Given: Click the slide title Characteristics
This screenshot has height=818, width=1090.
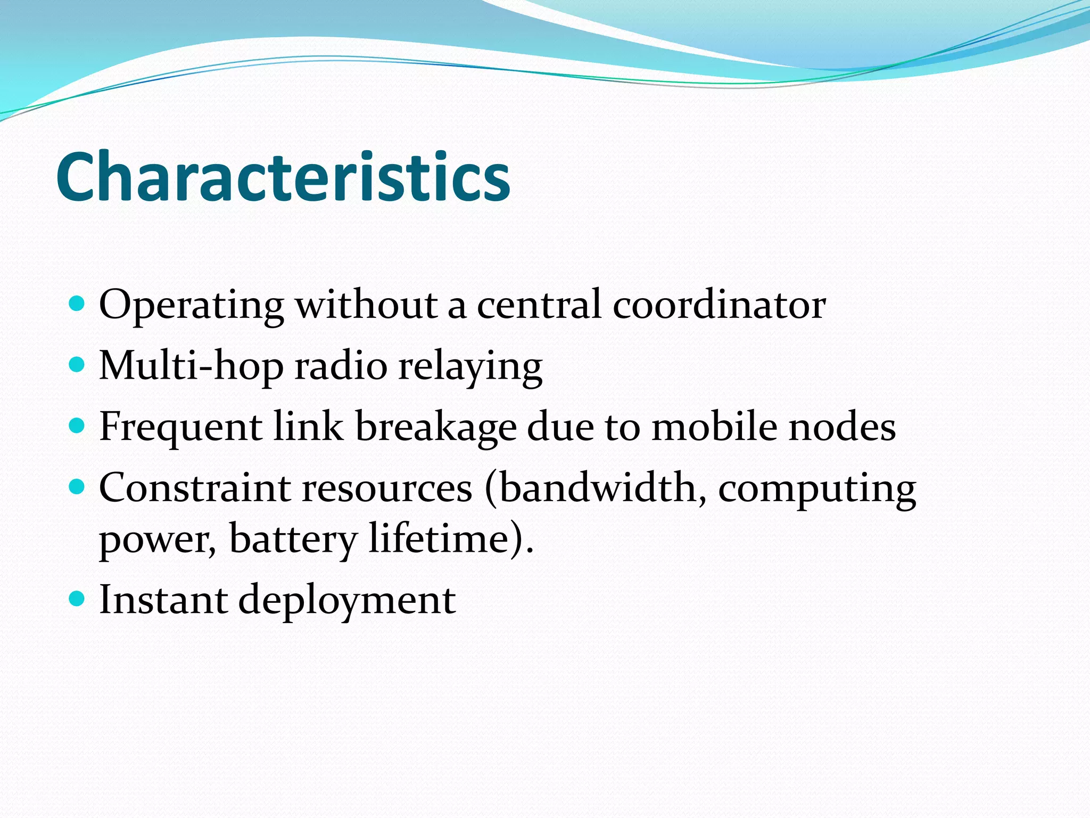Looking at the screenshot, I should coord(283,177).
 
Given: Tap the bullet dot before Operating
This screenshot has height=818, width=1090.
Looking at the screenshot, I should coord(78,304).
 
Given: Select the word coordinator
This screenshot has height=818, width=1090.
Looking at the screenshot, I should coord(719,305).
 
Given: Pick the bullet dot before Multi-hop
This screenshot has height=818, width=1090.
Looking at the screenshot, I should coord(78,365).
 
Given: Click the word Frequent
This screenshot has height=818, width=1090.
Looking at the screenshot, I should coord(180,428).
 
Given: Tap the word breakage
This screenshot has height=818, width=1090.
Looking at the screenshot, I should coord(435,428).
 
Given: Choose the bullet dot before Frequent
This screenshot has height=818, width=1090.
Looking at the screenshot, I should coord(78,426).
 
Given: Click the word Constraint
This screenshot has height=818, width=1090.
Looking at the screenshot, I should coord(194,488).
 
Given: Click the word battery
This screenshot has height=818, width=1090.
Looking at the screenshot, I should coord(292,539).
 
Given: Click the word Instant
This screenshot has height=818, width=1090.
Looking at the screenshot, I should coord(163,600).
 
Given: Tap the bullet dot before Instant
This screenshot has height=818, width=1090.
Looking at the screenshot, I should coord(78,599).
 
